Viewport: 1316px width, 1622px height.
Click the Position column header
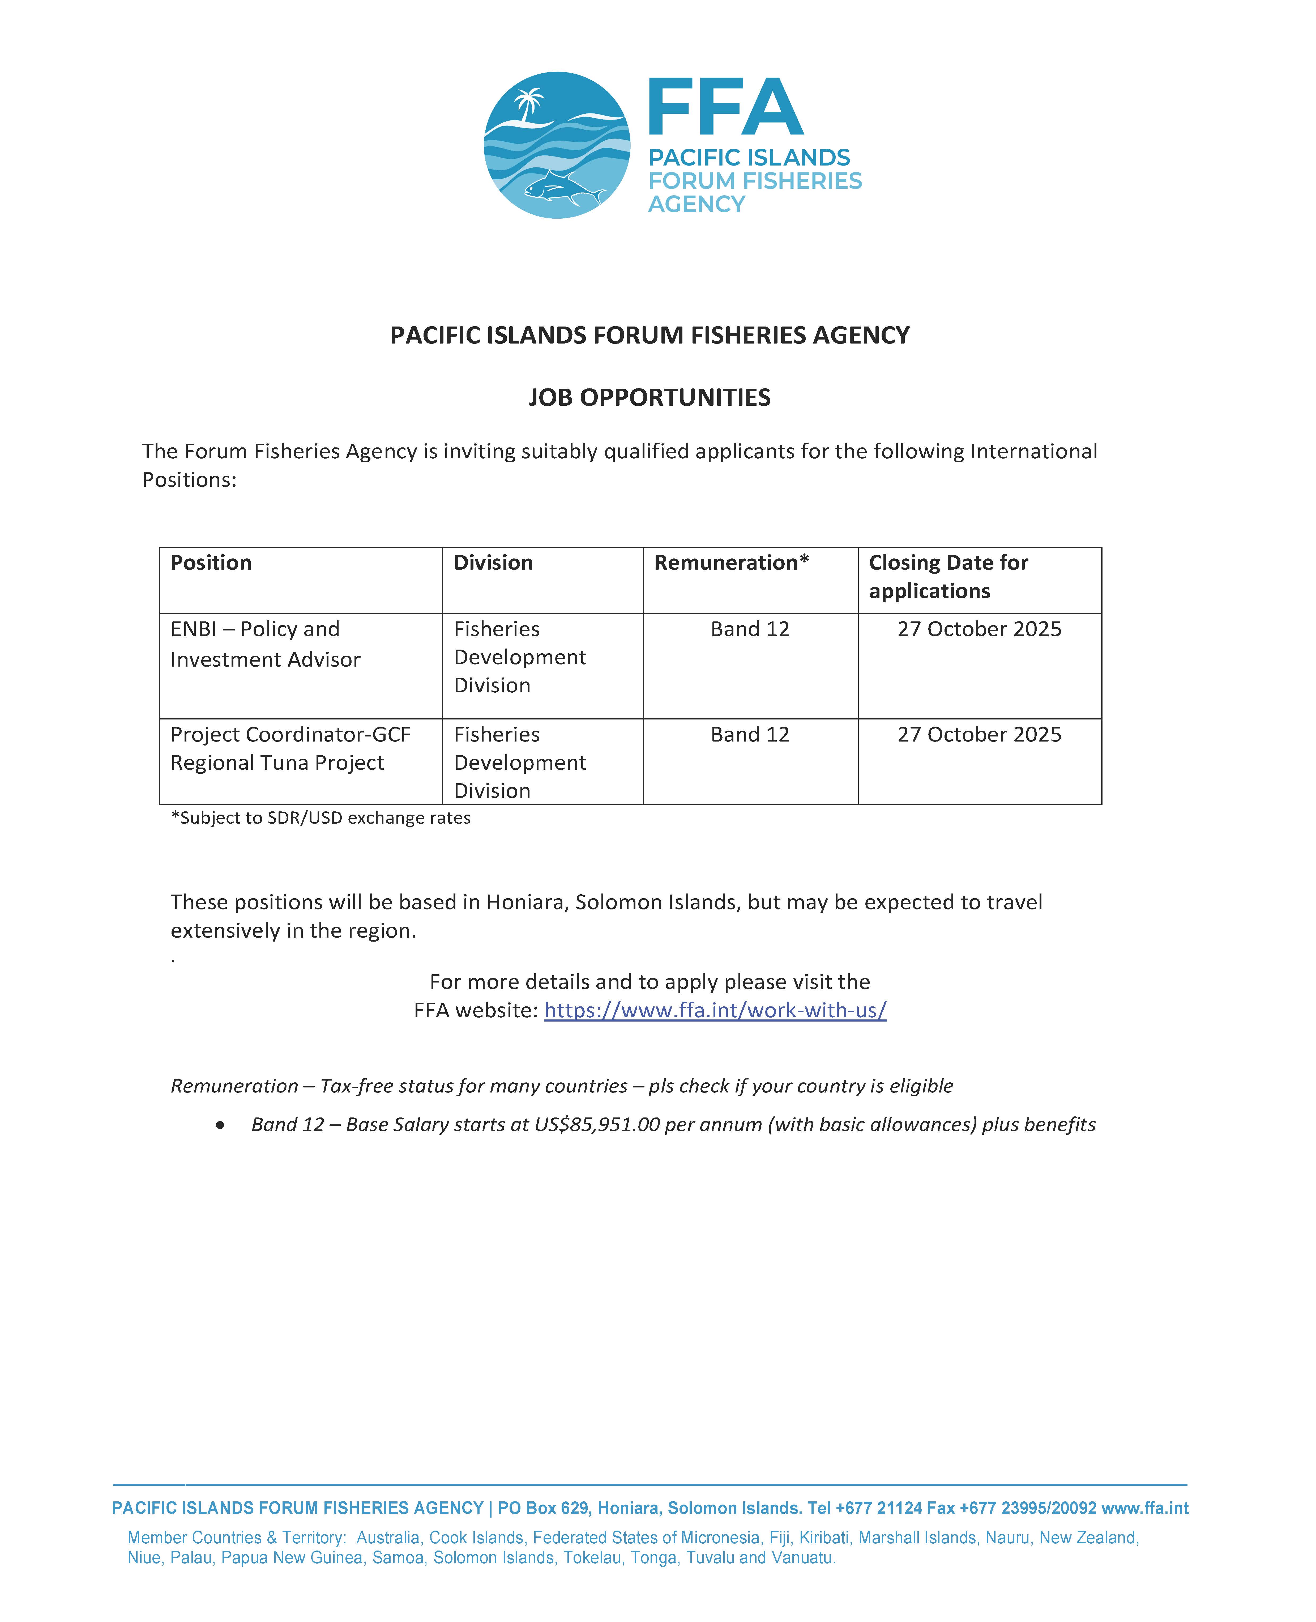(211, 563)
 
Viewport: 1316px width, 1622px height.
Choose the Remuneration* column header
(732, 563)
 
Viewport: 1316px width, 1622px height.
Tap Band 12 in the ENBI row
(750, 629)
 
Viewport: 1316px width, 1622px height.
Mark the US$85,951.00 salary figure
(597, 1125)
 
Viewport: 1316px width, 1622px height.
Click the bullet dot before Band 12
(220, 1125)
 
